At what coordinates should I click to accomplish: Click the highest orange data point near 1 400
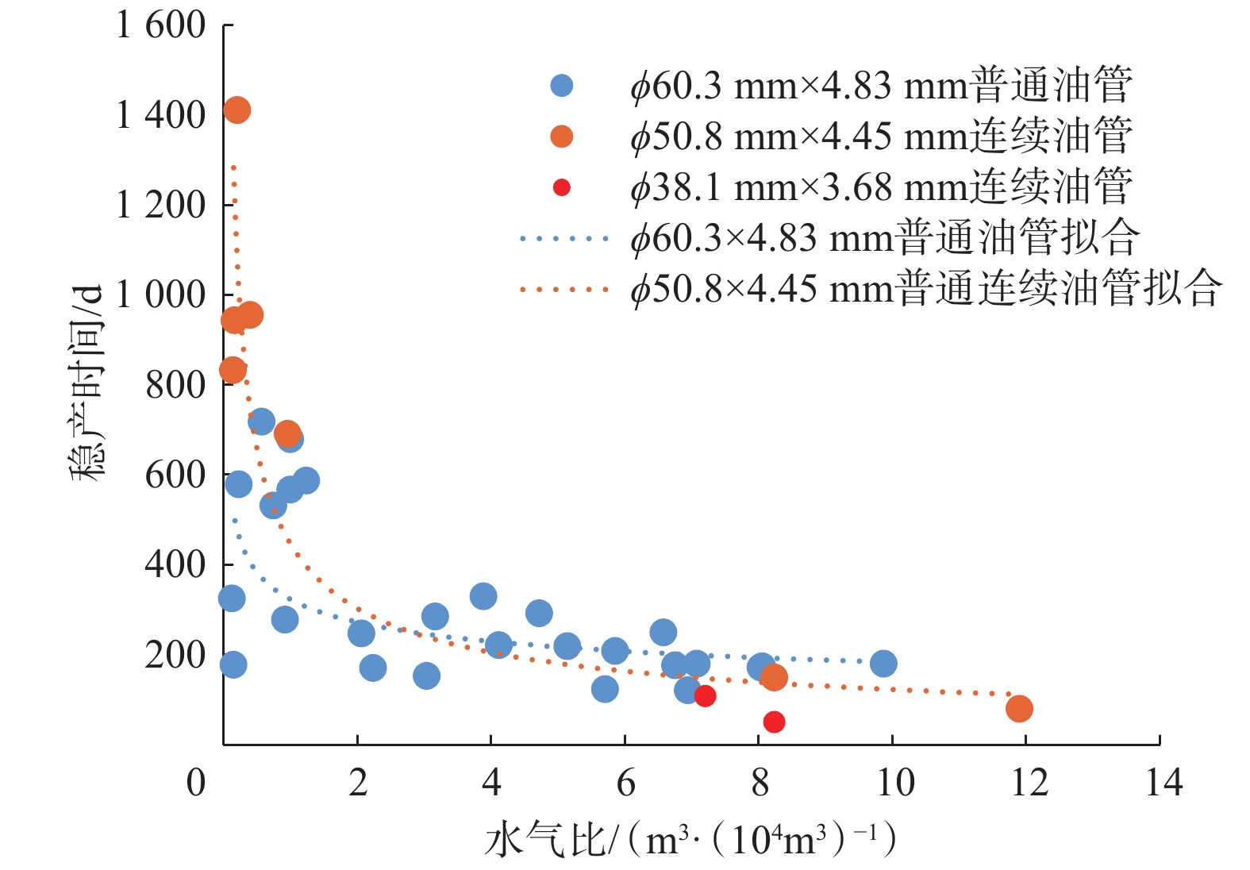coord(237,110)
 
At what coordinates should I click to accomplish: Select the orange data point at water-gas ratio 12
coord(1019,709)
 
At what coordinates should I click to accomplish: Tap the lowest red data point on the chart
coord(774,722)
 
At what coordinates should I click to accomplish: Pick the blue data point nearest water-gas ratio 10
coord(883,664)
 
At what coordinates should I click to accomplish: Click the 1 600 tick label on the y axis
coord(160,25)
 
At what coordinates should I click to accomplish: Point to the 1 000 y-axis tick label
coord(160,295)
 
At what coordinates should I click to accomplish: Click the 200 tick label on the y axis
coord(175,655)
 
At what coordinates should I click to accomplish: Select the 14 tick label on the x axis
coord(1163,783)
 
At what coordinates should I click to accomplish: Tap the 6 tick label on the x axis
coord(625,783)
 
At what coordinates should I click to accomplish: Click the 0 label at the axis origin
coord(195,783)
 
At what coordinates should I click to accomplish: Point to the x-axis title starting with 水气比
coord(690,840)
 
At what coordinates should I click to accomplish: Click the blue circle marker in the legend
coord(562,86)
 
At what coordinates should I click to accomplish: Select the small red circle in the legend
coord(562,187)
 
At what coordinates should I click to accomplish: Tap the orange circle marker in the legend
coord(562,137)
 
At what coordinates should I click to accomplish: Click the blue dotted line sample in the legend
coord(564,238)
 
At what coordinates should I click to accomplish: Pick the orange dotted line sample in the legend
coord(564,289)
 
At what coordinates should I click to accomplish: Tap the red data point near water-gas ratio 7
coord(705,696)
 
